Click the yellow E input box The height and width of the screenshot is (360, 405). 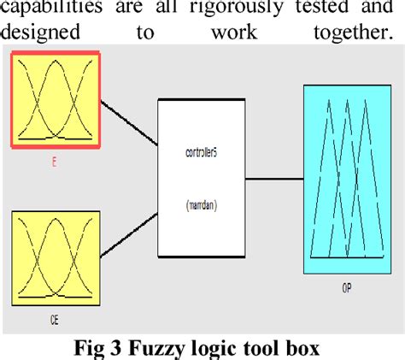click(55, 97)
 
